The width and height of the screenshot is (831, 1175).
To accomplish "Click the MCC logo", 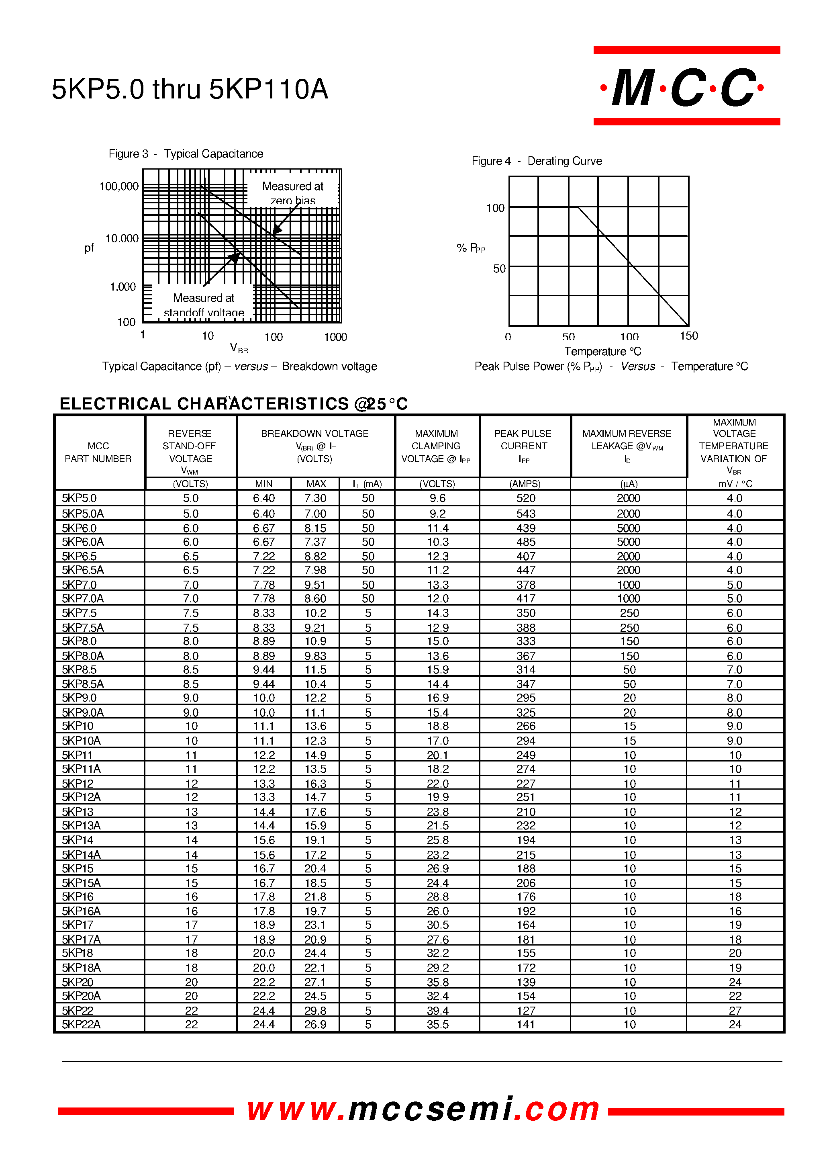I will (x=686, y=87).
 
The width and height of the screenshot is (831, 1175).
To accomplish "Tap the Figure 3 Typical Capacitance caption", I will (x=186, y=154).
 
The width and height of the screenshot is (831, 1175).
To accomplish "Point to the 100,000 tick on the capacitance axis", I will (x=119, y=186).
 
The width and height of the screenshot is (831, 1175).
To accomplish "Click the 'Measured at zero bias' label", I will (x=293, y=192).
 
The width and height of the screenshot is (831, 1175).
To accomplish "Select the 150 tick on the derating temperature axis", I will (x=689, y=336).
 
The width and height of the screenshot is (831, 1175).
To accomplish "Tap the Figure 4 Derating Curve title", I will (x=536, y=161).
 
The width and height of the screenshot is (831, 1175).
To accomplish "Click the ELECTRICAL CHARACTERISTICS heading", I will (x=233, y=403).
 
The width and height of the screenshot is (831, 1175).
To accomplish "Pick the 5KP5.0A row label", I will (x=83, y=514).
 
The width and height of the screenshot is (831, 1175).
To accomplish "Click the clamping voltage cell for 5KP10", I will (x=437, y=726).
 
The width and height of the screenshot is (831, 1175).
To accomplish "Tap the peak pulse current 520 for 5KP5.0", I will (x=525, y=498).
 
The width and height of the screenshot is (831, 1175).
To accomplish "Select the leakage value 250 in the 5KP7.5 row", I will (x=629, y=613).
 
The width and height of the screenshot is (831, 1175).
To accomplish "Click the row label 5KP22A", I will (x=82, y=1024).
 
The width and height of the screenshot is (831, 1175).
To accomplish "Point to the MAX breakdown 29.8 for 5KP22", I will (x=315, y=1011).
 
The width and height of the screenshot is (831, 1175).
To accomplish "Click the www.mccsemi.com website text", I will (x=423, y=1109).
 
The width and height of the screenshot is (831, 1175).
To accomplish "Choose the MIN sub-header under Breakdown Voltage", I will (x=263, y=484).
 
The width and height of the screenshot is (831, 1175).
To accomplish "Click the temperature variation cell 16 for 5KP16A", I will (x=735, y=911).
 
